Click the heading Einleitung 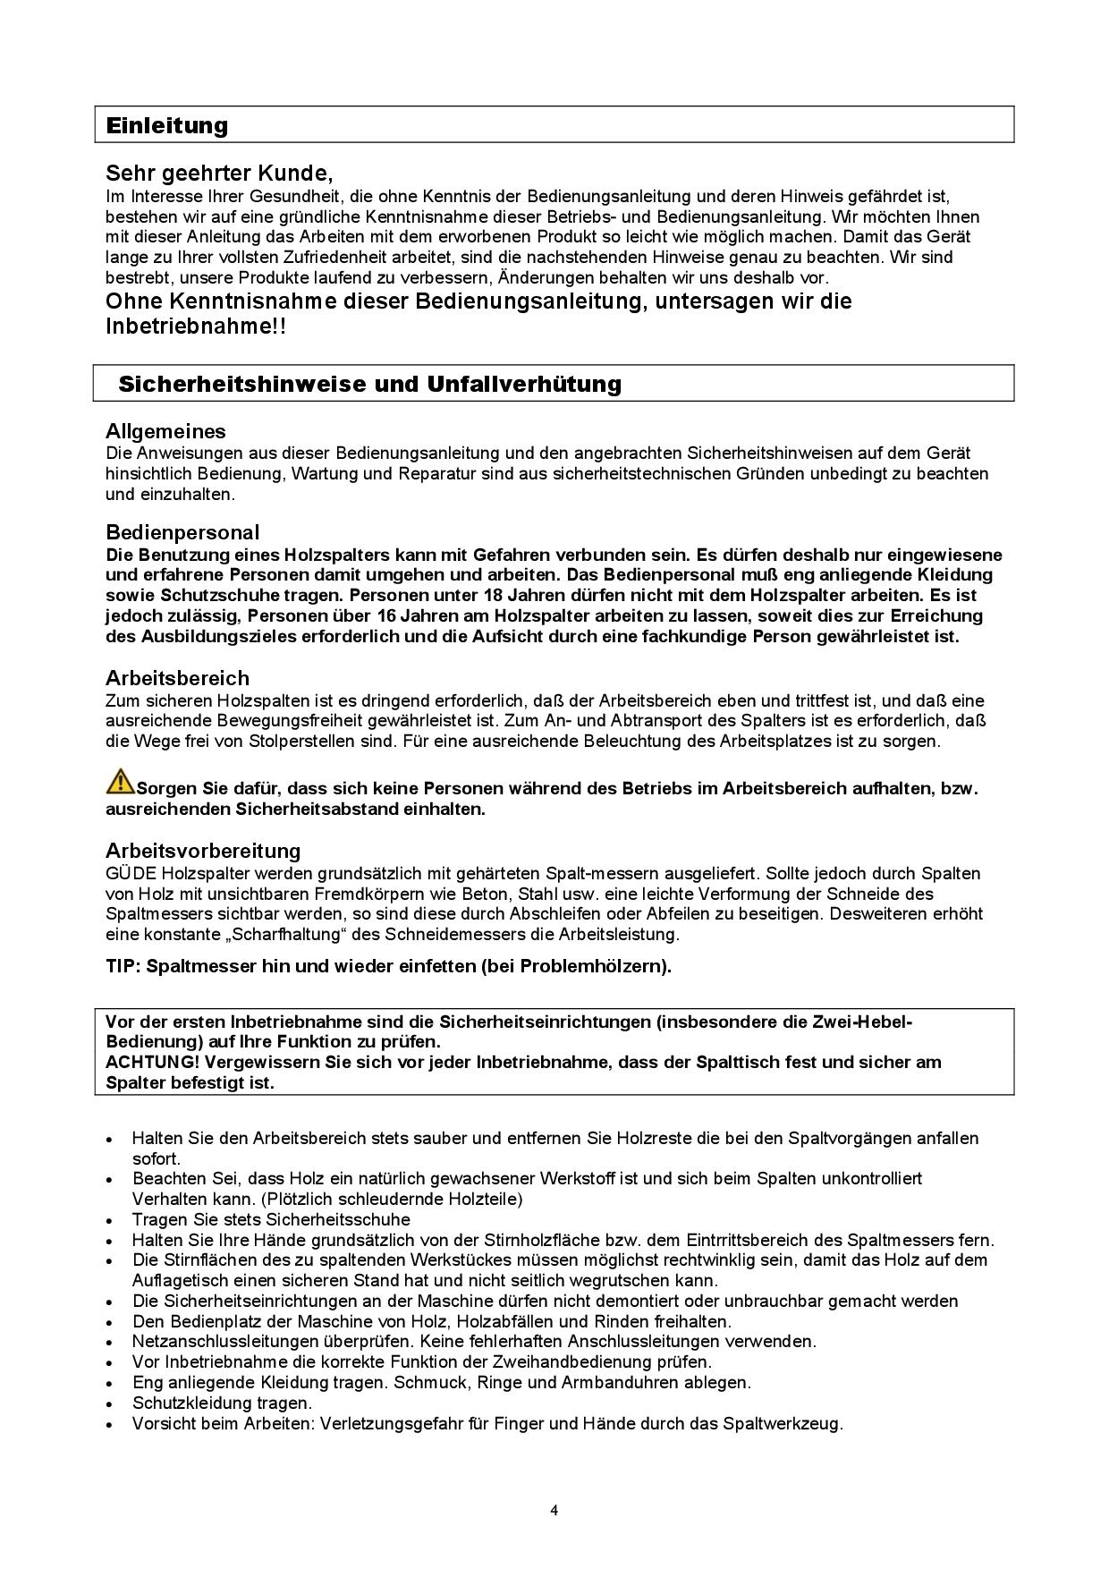(167, 125)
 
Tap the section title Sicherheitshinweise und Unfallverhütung (369, 385)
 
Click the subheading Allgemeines (165, 432)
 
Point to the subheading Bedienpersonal (182, 533)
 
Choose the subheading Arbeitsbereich (177, 678)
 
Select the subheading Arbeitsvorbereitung (203, 851)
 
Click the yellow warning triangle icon (120, 781)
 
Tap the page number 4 (554, 1512)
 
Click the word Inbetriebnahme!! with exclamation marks (196, 327)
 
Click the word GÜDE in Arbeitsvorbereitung (131, 874)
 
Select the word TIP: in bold (124, 966)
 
